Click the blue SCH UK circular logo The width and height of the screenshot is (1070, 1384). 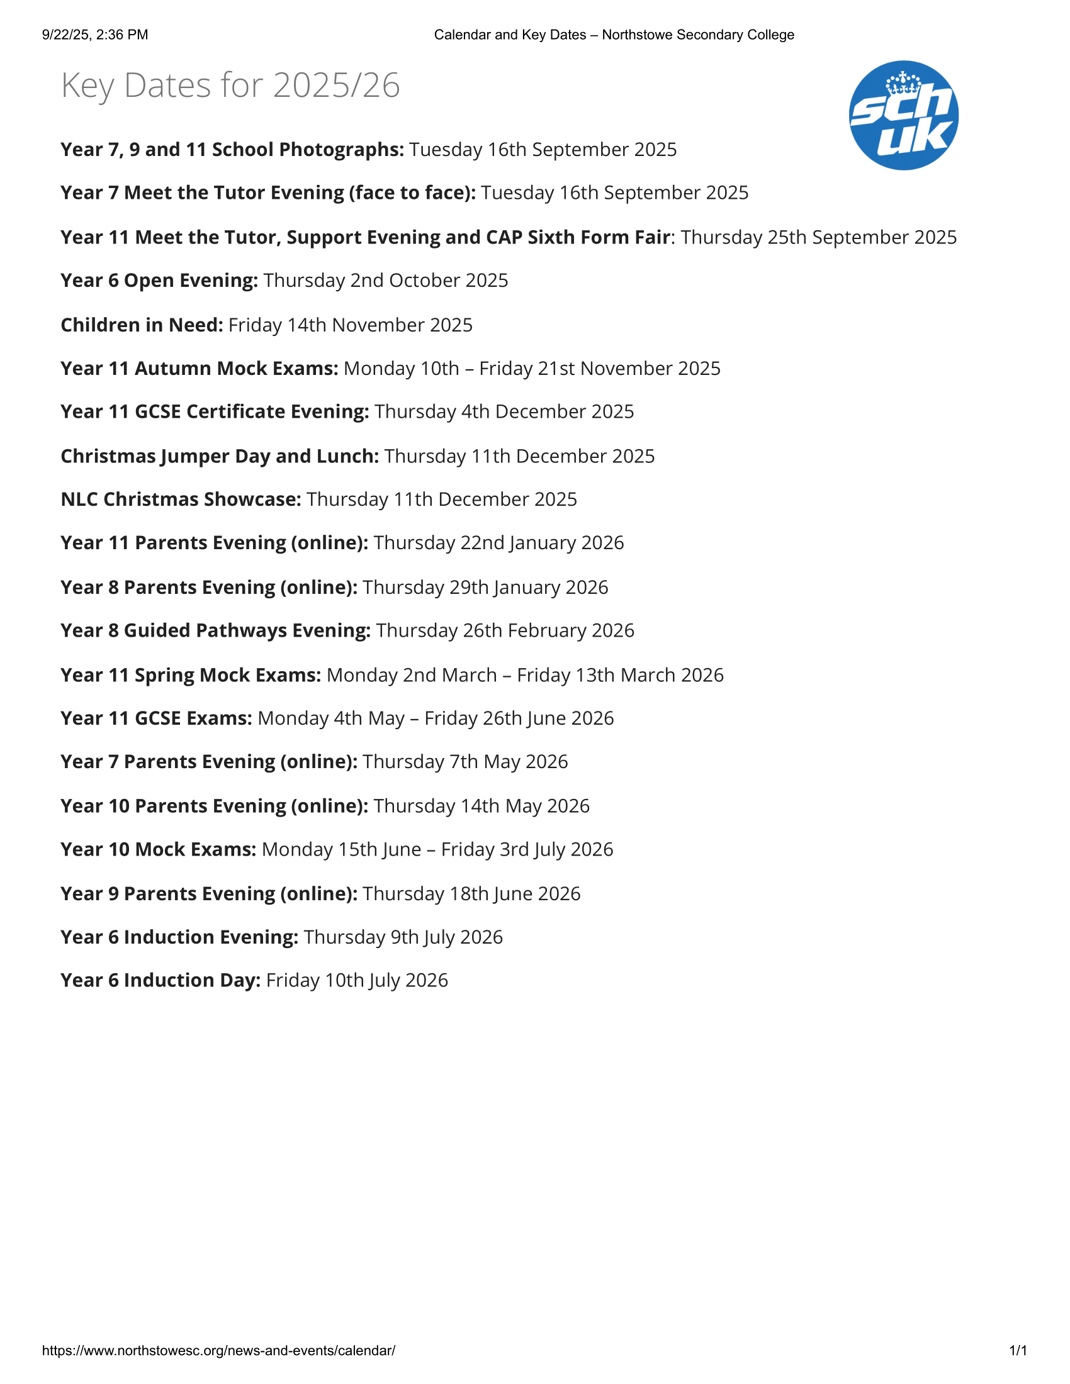pos(903,115)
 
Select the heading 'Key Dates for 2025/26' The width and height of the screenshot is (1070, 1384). pos(230,85)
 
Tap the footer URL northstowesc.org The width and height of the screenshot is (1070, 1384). pos(218,1351)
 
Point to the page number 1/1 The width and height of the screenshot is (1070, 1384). pos(1018,1351)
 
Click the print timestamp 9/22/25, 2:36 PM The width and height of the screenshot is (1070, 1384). pos(95,35)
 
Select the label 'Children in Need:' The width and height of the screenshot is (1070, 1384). pos(142,325)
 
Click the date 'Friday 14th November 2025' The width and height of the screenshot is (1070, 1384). pos(351,325)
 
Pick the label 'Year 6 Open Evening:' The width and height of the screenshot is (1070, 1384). pos(159,281)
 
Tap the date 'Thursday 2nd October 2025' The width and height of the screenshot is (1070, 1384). pos(386,281)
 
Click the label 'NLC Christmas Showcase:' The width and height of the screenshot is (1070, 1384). pos(181,499)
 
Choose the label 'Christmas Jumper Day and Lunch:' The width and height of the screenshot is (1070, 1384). pos(219,456)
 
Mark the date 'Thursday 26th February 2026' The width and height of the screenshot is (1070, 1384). pos(505,630)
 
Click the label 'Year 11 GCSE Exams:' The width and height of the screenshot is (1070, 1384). pos(157,718)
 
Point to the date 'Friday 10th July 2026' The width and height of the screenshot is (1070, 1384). pos(357,980)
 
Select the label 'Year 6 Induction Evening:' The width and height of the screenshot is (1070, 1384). pos(179,937)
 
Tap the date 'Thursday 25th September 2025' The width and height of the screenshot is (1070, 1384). pos(818,237)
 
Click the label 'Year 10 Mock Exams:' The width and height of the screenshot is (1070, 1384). pos(159,849)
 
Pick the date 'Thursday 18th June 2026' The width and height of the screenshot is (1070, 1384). pos(471,893)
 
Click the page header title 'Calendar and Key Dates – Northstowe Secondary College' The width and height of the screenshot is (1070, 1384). pos(614,35)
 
